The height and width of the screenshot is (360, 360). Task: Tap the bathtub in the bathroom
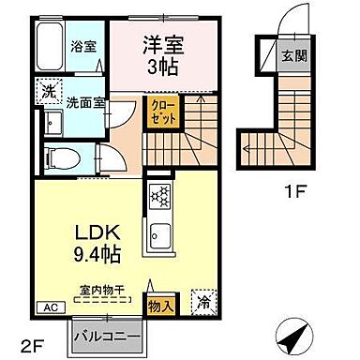coord(50,46)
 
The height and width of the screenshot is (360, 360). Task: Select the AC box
coord(49,306)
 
